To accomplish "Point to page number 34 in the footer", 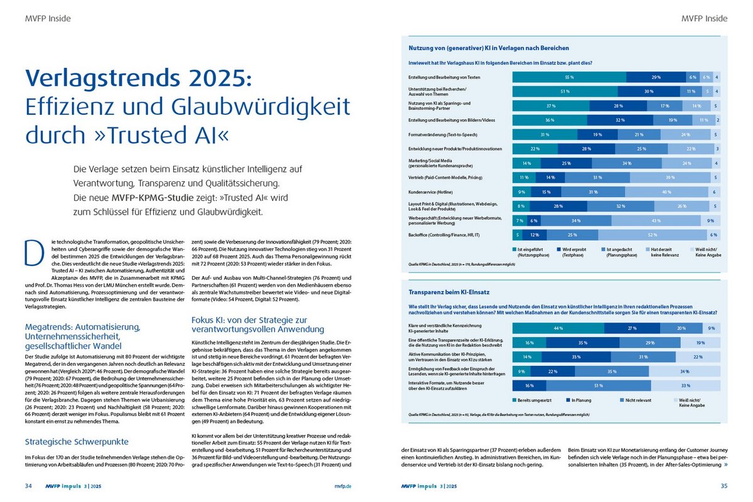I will click(29, 486).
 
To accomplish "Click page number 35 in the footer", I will click(724, 486).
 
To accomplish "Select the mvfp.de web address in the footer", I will click(342, 486).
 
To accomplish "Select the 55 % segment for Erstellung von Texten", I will click(569, 77).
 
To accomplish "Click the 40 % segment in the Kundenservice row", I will click(666, 191).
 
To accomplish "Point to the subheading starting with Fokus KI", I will click(257, 324).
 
